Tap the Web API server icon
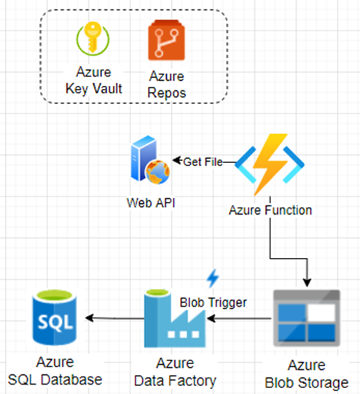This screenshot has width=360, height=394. click(x=149, y=164)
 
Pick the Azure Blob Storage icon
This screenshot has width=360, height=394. click(x=305, y=317)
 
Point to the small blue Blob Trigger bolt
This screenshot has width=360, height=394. click(x=213, y=277)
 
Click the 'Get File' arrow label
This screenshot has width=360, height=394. click(x=204, y=162)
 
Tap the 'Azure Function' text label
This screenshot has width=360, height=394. click(x=270, y=210)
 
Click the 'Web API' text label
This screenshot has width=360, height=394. click(x=149, y=202)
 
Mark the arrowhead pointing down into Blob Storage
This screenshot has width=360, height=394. click(x=306, y=283)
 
